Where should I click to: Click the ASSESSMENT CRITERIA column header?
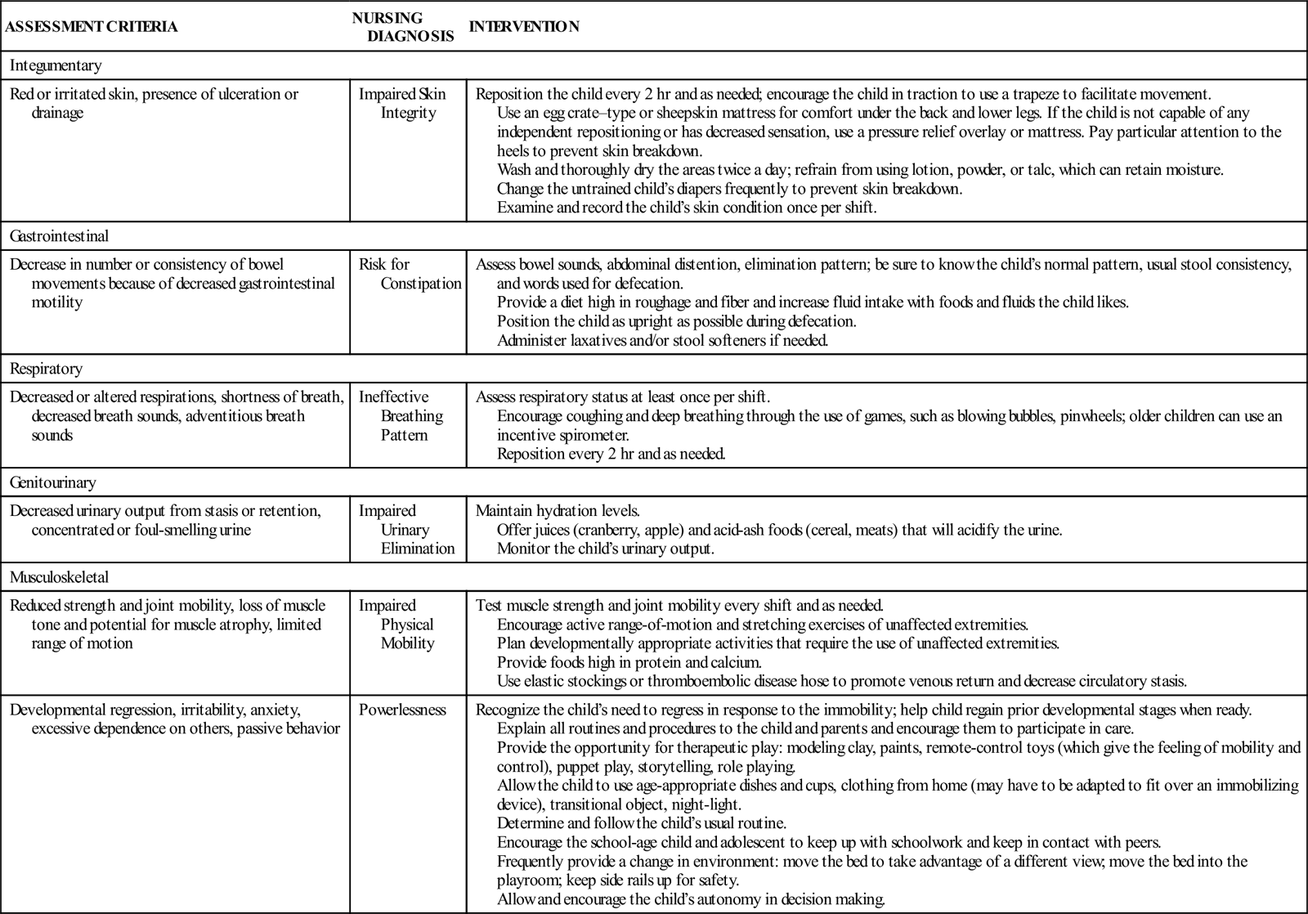pyautogui.click(x=91, y=26)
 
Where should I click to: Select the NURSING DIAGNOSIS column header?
pyautogui.click(x=402, y=26)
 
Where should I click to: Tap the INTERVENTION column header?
pyautogui.click(x=524, y=26)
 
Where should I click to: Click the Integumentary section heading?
pyautogui.click(x=56, y=65)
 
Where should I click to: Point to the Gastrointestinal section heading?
pyautogui.click(x=60, y=236)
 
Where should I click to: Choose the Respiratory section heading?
pyautogui.click(x=47, y=369)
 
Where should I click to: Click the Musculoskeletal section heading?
pyautogui.click(x=60, y=577)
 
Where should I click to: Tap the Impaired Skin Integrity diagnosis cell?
pyautogui.click(x=403, y=103)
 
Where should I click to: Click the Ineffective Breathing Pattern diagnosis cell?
pyautogui.click(x=401, y=416)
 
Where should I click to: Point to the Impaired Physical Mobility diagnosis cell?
pyautogui.click(x=397, y=625)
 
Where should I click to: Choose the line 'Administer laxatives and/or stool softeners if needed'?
pyautogui.click(x=662, y=340)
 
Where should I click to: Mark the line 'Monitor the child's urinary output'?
pyautogui.click(x=605, y=549)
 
